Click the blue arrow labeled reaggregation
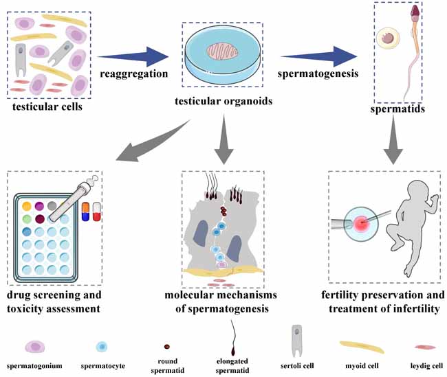tap(133, 55)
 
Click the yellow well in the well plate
tap(26, 205)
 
